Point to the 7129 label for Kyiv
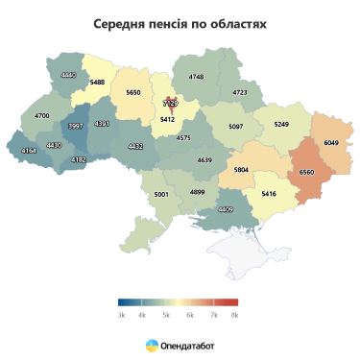[170, 102]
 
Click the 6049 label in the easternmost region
[332, 142]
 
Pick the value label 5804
[241, 170]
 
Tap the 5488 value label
[97, 83]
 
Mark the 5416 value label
[269, 194]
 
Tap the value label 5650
[133, 92]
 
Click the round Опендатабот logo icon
[153, 343]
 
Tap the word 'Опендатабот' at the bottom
[188, 343]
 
